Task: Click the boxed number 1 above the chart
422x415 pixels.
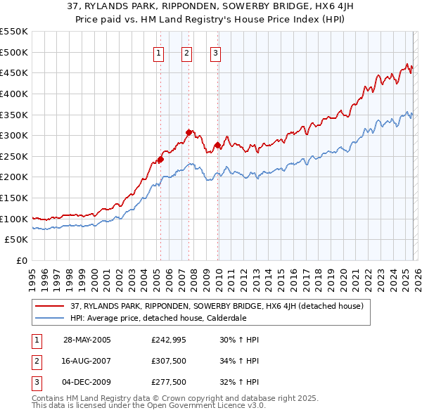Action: click(x=158, y=53)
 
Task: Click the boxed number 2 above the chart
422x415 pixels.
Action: click(x=186, y=53)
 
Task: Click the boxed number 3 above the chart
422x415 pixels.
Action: click(x=215, y=53)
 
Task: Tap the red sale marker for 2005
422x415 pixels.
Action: click(x=160, y=159)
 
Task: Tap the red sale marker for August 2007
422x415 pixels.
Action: click(x=188, y=132)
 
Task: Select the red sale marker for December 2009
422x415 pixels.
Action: click(x=217, y=145)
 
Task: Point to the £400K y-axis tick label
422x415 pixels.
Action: click(x=14, y=94)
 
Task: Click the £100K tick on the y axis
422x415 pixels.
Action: click(x=14, y=219)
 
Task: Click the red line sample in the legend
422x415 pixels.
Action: click(x=51, y=306)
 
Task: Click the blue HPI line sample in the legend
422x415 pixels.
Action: click(x=51, y=318)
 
